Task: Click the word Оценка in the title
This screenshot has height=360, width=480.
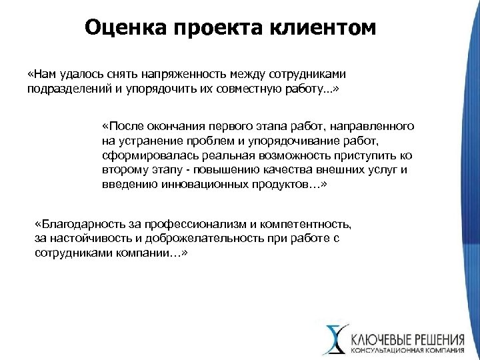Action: pyautogui.click(x=125, y=29)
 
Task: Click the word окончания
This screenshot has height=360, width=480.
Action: pyautogui.click(x=177, y=125)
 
